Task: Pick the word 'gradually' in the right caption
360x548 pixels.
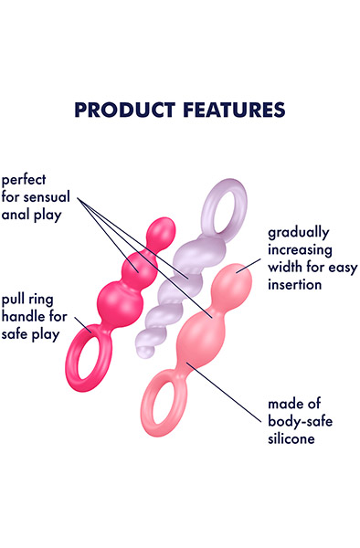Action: coord(299,234)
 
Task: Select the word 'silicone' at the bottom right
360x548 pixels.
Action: coord(291,439)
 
